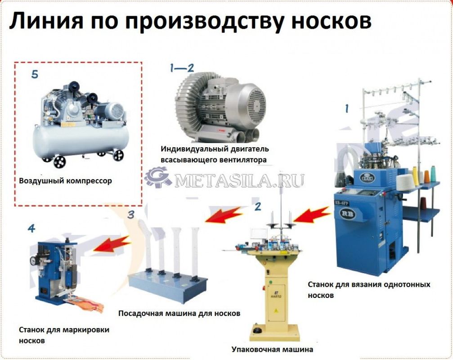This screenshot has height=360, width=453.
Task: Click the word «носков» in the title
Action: [x=331, y=22]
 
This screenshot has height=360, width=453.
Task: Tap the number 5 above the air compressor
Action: [x=35, y=74]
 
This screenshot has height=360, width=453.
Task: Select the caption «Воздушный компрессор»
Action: [x=65, y=181]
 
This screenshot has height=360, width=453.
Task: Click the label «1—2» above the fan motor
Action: [x=182, y=68]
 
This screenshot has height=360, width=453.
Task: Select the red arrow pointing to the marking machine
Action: [x=112, y=243]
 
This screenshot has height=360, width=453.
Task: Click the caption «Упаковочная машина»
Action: [x=272, y=349]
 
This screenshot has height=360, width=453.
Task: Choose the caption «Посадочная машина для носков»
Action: [x=179, y=313]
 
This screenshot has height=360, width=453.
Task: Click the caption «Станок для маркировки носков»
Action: [x=64, y=335]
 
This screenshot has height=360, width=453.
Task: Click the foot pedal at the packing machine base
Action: [x=257, y=330]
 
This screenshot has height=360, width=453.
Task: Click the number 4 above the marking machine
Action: [x=31, y=229]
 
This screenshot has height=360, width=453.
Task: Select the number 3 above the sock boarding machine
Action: [x=131, y=214]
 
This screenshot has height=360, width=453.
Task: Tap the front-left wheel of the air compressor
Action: [x=59, y=162]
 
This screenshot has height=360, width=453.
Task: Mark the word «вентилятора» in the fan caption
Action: [x=242, y=160]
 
